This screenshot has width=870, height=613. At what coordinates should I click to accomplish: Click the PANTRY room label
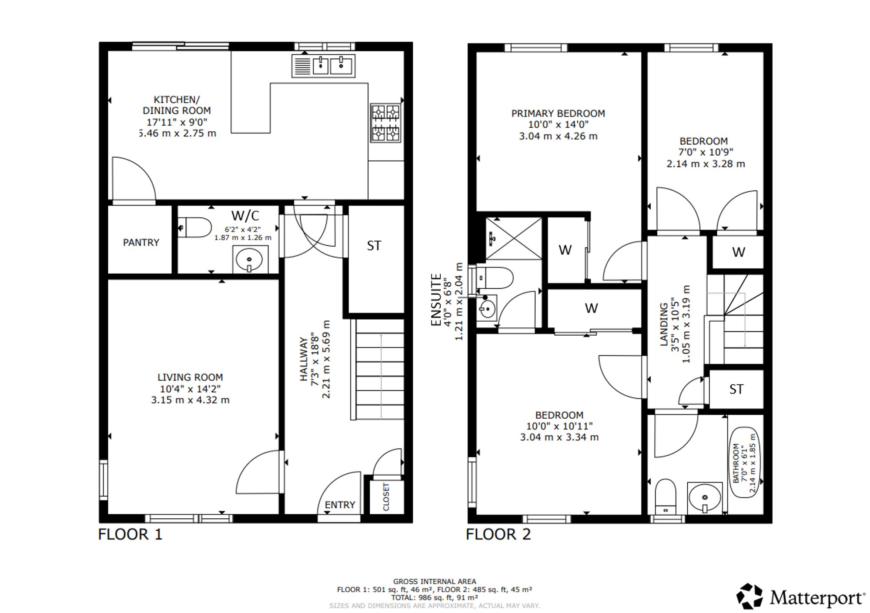[141, 243]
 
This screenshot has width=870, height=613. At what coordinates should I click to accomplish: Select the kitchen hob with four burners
[385, 123]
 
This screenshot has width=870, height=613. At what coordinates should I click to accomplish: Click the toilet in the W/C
[195, 227]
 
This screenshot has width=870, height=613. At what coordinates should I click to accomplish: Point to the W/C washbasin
[250, 260]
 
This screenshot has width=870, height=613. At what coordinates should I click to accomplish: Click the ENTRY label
[340, 505]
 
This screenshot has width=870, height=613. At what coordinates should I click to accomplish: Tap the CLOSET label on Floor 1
[386, 496]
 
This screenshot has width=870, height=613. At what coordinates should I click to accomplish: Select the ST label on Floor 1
[374, 246]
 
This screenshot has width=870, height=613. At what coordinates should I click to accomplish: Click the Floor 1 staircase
[378, 370]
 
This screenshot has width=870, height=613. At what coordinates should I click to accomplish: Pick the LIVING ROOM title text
[190, 377]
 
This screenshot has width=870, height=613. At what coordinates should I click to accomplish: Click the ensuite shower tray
[514, 239]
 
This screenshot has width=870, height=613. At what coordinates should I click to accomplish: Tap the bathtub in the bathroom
[744, 463]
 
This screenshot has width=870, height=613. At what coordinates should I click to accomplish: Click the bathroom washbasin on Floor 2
[705, 498]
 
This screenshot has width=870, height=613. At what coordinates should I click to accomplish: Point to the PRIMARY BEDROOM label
[558, 113]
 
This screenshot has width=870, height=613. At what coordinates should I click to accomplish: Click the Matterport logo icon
[750, 596]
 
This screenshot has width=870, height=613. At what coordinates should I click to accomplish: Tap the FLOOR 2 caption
[499, 534]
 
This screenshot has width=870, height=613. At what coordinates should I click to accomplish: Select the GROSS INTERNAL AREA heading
[435, 581]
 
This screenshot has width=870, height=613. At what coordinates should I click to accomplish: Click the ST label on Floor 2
[736, 389]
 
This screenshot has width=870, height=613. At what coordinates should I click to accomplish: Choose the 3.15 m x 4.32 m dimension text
[190, 400]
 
